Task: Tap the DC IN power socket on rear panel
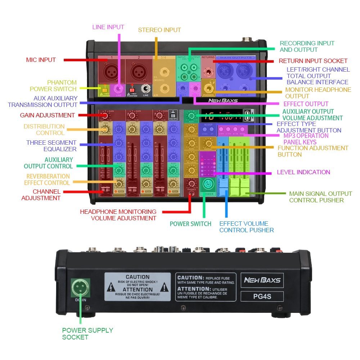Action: (x=80, y=288)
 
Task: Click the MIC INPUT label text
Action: (x=41, y=60)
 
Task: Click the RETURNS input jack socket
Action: (x=207, y=72)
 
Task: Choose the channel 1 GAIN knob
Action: (x=105, y=116)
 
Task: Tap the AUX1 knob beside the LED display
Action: (x=191, y=116)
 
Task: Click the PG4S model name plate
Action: (x=262, y=297)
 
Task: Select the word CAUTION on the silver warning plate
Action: (x=137, y=277)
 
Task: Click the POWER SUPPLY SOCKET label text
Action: (x=87, y=334)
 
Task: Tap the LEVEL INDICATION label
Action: (x=303, y=172)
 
